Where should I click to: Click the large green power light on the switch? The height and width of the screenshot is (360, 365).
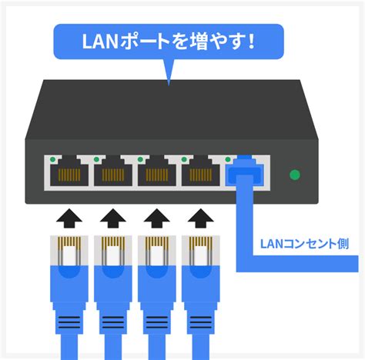[295, 175]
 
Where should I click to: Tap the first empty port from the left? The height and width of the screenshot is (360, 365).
[69, 172]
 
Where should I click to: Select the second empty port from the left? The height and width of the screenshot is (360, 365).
[113, 172]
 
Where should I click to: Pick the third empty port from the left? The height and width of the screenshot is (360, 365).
[157, 172]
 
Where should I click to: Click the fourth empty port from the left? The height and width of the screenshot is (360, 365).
[201, 172]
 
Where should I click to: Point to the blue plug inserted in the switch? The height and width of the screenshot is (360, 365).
[245, 172]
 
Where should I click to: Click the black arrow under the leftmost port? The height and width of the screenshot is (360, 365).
[69, 218]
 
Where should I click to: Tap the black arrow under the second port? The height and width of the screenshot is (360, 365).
[113, 218]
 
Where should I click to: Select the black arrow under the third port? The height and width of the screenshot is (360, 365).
[156, 218]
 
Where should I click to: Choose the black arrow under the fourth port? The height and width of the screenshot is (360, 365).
[201, 218]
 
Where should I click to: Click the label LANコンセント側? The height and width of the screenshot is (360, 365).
[305, 244]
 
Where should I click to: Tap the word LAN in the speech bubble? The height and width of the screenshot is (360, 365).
[100, 42]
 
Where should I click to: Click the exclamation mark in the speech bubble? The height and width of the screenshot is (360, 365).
[251, 41]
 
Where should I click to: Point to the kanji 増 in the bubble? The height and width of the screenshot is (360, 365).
[199, 42]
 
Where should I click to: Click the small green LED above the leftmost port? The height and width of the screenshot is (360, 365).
[53, 159]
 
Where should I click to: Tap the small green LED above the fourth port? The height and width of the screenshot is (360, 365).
[184, 159]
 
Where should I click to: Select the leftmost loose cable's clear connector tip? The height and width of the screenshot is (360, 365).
[69, 251]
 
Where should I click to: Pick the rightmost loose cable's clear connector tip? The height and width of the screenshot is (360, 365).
[201, 251]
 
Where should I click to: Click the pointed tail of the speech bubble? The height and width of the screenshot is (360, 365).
[169, 82]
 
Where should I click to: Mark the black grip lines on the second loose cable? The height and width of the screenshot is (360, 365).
[113, 322]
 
